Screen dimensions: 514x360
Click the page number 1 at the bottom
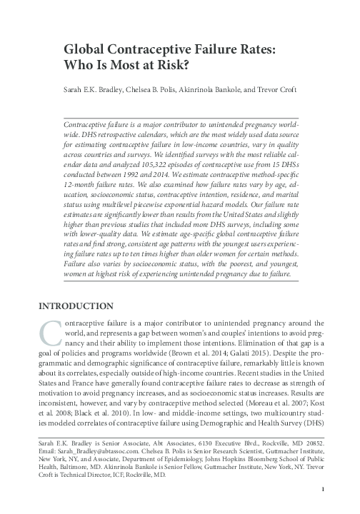click(x=324, y=489)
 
